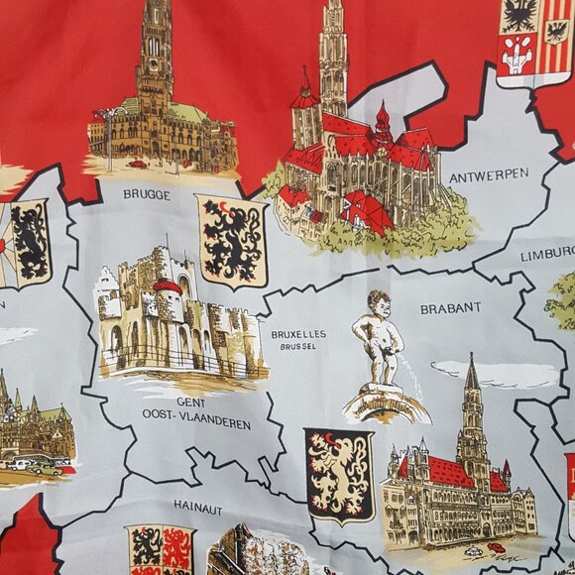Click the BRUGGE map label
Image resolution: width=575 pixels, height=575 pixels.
tap(147, 195)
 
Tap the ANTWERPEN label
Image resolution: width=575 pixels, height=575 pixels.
tap(489, 175)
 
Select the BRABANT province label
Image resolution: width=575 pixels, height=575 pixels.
tap(450, 308)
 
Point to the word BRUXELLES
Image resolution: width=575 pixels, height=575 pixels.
tap(298, 335)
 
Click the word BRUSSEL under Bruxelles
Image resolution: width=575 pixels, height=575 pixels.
tap(298, 348)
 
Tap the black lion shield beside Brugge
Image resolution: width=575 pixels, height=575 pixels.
tap(232, 241)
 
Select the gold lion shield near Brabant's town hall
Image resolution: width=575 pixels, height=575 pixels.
tap(338, 475)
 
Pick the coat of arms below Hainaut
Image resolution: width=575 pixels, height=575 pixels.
tap(160, 550)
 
